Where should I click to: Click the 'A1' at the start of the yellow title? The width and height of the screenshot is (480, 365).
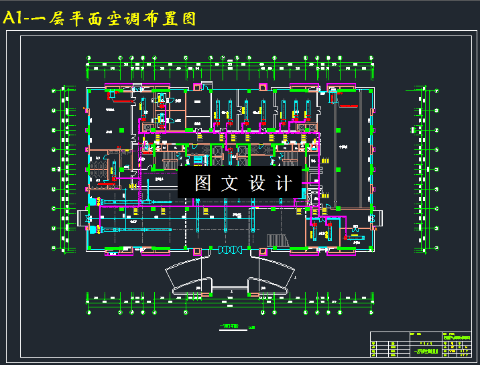(x=15, y=18)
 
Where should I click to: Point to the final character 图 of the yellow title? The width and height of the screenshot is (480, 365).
(x=188, y=18)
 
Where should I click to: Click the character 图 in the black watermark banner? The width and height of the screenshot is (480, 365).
(x=203, y=183)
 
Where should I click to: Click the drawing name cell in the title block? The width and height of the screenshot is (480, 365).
(x=424, y=350)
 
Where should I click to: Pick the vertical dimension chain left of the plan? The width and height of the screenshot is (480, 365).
(x=65, y=171)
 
